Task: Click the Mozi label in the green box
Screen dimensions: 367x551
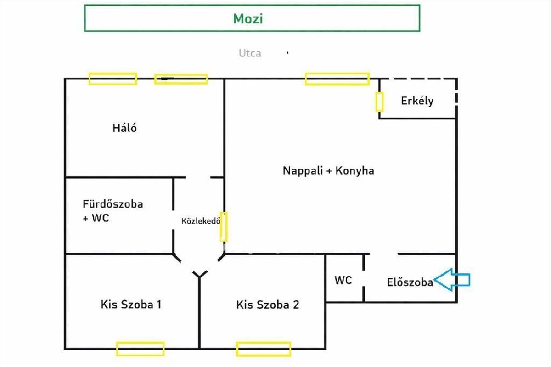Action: (x=248, y=18)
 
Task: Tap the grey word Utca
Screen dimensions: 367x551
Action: (x=250, y=53)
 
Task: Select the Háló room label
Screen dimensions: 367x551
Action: (x=124, y=128)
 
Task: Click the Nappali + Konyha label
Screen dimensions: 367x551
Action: (x=328, y=171)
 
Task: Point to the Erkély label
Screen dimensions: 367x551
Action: (x=417, y=101)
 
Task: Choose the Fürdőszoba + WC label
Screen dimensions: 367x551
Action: (x=112, y=211)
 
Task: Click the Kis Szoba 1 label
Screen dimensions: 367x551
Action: (x=131, y=304)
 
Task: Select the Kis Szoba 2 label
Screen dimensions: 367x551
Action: (x=268, y=305)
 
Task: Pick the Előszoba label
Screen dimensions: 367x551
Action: (x=410, y=282)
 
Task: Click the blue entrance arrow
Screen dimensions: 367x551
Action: (x=452, y=280)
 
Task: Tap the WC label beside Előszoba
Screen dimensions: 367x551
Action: (x=343, y=280)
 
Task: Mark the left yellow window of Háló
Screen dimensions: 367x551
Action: (x=112, y=79)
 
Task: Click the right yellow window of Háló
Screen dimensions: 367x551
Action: (x=181, y=79)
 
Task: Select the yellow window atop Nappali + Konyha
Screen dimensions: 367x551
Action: (x=337, y=79)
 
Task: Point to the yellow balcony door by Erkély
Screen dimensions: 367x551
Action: (x=379, y=102)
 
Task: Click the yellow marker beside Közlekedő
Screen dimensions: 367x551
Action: (x=224, y=226)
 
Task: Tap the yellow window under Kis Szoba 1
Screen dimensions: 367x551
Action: (x=140, y=349)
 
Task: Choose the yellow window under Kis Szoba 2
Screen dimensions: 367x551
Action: (x=264, y=349)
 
